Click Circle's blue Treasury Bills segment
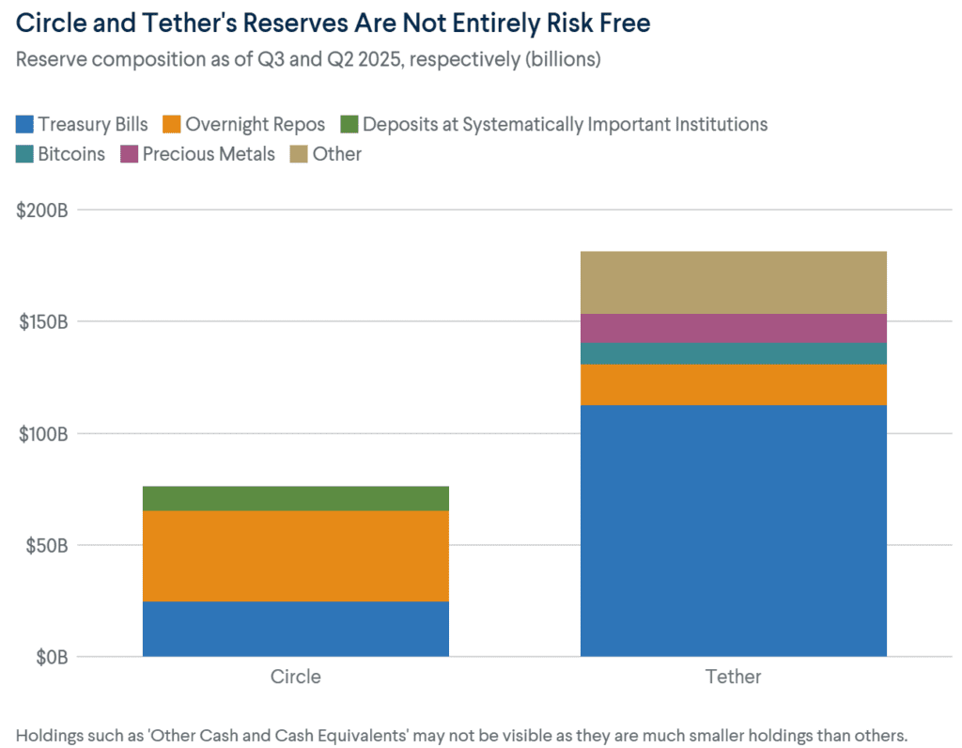[x=295, y=628]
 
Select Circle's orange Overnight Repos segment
[x=295, y=555]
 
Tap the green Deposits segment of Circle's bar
[x=295, y=498]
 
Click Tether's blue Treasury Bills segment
[x=733, y=530]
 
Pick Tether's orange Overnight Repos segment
[x=733, y=384]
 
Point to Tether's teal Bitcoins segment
[x=733, y=353]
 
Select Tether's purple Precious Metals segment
[x=733, y=328]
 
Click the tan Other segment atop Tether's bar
[x=733, y=282]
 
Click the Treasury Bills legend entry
[x=93, y=124]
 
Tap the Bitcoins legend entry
[x=71, y=153]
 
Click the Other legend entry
[x=336, y=153]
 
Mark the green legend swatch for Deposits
[x=348, y=124]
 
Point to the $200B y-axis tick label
[x=43, y=210]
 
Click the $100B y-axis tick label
[x=43, y=433]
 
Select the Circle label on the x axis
[x=295, y=677]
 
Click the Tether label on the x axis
[x=733, y=677]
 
